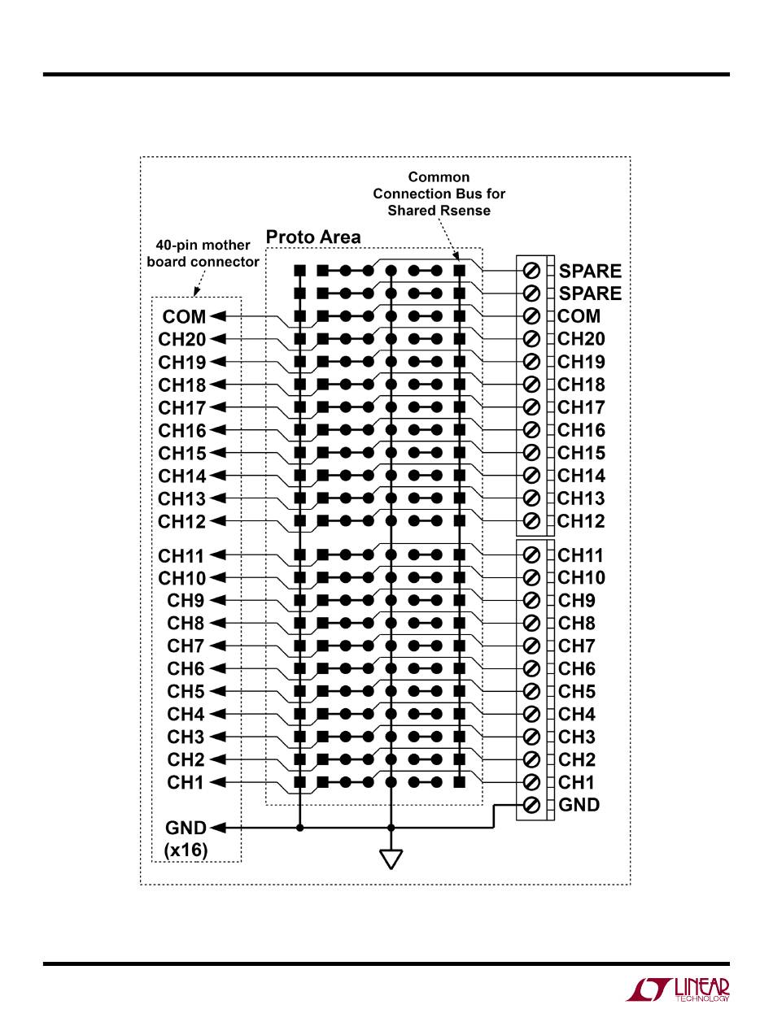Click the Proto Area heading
[x=313, y=237]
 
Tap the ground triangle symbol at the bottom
[x=391, y=859]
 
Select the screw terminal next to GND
[x=531, y=805]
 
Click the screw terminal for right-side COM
[x=531, y=316]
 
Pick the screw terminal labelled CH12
[x=531, y=521]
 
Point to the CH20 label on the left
[x=182, y=339]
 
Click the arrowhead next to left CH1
[x=217, y=782]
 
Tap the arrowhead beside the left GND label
[x=217, y=828]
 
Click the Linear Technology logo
[x=677, y=989]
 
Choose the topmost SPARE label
[x=590, y=271]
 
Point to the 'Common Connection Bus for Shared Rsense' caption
[x=439, y=194]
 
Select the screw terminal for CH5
[x=531, y=691]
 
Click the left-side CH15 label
[x=182, y=453]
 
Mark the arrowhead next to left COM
[x=217, y=316]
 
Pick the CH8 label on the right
[x=577, y=624]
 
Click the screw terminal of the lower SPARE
[x=531, y=293]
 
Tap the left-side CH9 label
[x=186, y=601]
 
